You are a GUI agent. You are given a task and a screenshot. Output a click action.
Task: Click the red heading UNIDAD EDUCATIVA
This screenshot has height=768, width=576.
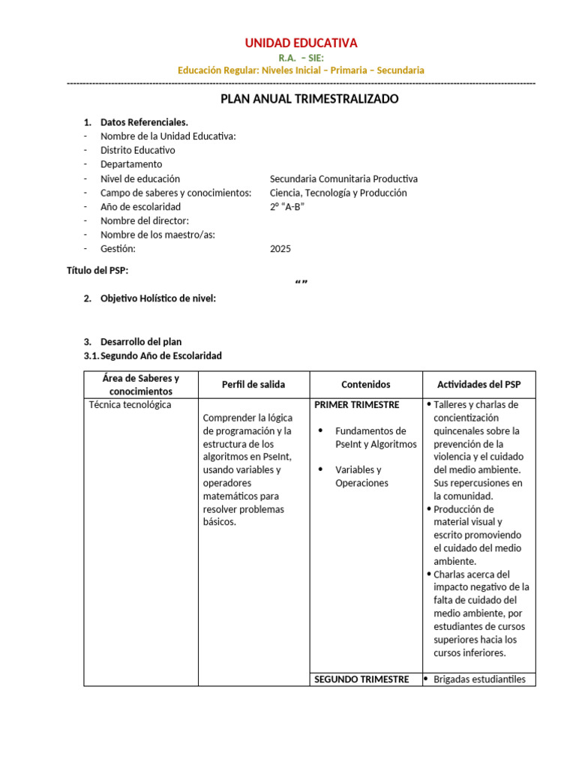(301, 43)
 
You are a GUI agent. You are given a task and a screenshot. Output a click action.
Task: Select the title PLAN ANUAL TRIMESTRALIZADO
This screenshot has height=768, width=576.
(309, 99)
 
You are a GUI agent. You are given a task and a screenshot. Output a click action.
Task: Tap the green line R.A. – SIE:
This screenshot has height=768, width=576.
(301, 57)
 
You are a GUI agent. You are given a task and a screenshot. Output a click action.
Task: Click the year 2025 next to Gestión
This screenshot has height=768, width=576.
(280, 249)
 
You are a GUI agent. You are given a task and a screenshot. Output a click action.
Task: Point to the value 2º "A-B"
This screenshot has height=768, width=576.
(286, 206)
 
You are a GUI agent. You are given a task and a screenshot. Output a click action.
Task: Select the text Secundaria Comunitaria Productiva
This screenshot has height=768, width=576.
(343, 178)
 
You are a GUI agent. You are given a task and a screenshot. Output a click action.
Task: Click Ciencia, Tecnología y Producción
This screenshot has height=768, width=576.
(338, 193)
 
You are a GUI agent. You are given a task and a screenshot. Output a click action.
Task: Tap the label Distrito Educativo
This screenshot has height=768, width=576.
(137, 150)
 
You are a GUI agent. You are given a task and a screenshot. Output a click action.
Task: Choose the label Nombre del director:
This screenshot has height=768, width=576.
(144, 220)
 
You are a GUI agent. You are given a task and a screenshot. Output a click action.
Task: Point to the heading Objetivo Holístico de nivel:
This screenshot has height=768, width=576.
(157, 298)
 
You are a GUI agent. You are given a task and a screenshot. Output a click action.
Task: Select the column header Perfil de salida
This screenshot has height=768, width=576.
(253, 384)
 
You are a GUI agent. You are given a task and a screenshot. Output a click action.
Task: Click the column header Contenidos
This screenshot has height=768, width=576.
(366, 384)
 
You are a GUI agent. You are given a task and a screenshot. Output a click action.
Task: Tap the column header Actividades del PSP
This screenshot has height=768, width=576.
(478, 384)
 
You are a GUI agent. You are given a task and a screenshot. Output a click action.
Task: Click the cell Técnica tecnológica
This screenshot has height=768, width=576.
(130, 405)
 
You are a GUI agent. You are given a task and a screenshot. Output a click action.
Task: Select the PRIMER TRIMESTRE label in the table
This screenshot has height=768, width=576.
(356, 405)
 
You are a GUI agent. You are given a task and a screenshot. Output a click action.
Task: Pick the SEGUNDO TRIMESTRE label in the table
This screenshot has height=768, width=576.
(361, 679)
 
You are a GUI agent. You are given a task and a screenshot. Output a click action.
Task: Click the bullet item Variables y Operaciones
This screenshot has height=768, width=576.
(361, 476)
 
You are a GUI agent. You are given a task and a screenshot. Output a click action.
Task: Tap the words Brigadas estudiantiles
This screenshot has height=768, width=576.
(480, 679)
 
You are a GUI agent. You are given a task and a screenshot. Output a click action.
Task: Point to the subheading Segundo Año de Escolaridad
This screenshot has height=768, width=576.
(160, 355)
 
